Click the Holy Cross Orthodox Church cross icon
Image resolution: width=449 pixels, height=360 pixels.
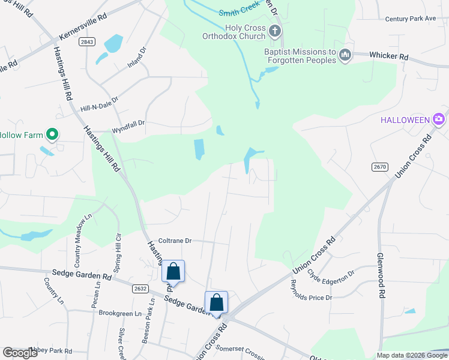click(x=275, y=31)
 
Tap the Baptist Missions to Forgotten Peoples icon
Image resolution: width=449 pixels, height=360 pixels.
click(x=345, y=55)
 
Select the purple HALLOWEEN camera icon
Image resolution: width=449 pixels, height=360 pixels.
click(x=439, y=119)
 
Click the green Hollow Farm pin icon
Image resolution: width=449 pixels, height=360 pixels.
click(x=52, y=135)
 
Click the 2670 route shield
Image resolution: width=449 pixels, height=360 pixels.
click(x=380, y=166)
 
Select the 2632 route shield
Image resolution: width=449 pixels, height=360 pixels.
click(x=140, y=289)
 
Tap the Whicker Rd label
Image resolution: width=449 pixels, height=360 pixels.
click(x=388, y=56)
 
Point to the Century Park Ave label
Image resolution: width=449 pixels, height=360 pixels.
click(x=411, y=19)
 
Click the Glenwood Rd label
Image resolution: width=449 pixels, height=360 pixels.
click(x=380, y=275)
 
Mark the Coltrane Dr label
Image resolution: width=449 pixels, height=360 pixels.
click(x=174, y=241)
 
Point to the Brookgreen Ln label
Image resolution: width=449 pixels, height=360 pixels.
click(x=119, y=313)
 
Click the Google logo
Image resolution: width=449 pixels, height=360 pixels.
click(x=20, y=353)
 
